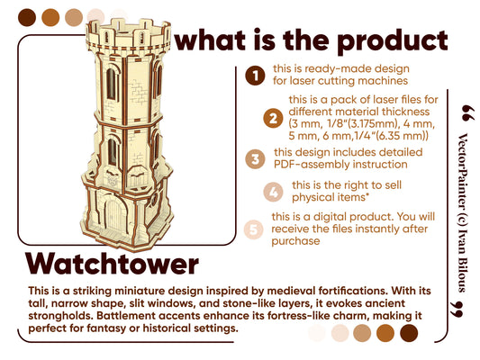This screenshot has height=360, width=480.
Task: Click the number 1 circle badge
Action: [x=257, y=76]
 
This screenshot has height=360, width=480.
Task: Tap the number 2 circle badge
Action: [x=271, y=118]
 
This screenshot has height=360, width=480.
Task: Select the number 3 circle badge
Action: [x=257, y=158]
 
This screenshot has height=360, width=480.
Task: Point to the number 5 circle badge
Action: [x=257, y=229]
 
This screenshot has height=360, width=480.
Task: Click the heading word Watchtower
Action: [x=112, y=264]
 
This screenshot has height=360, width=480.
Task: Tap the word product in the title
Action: [x=394, y=40]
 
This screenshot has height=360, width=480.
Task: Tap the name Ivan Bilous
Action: [x=462, y=260]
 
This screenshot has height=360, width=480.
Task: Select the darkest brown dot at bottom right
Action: [x=408, y=333]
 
